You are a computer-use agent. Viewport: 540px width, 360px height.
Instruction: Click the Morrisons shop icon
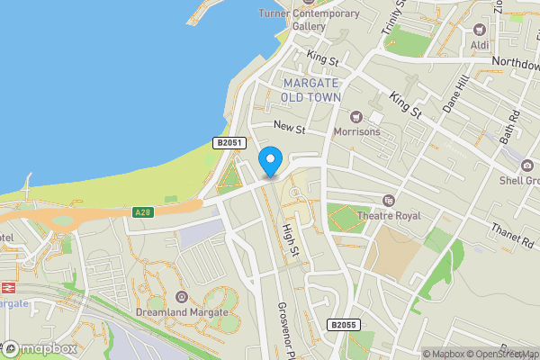pyautogui.click(x=356, y=116)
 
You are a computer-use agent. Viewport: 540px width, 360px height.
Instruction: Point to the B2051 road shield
pyautogui.click(x=228, y=143)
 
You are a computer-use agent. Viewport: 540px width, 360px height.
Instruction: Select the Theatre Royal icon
pyautogui.click(x=389, y=200)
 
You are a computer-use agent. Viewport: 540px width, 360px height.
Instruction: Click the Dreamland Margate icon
pyautogui.click(x=182, y=296)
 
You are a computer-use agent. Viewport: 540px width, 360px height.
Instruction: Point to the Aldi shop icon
pyautogui.click(x=479, y=29)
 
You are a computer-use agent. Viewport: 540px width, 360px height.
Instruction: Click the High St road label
pyautogui.click(x=290, y=238)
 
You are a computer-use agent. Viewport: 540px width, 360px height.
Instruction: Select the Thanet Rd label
pyautogui.click(x=511, y=235)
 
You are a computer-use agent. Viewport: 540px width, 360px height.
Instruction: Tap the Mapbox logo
pyautogui.click(x=40, y=348)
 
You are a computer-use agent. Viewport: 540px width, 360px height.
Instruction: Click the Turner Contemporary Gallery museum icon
pyautogui.click(x=310, y=3)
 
